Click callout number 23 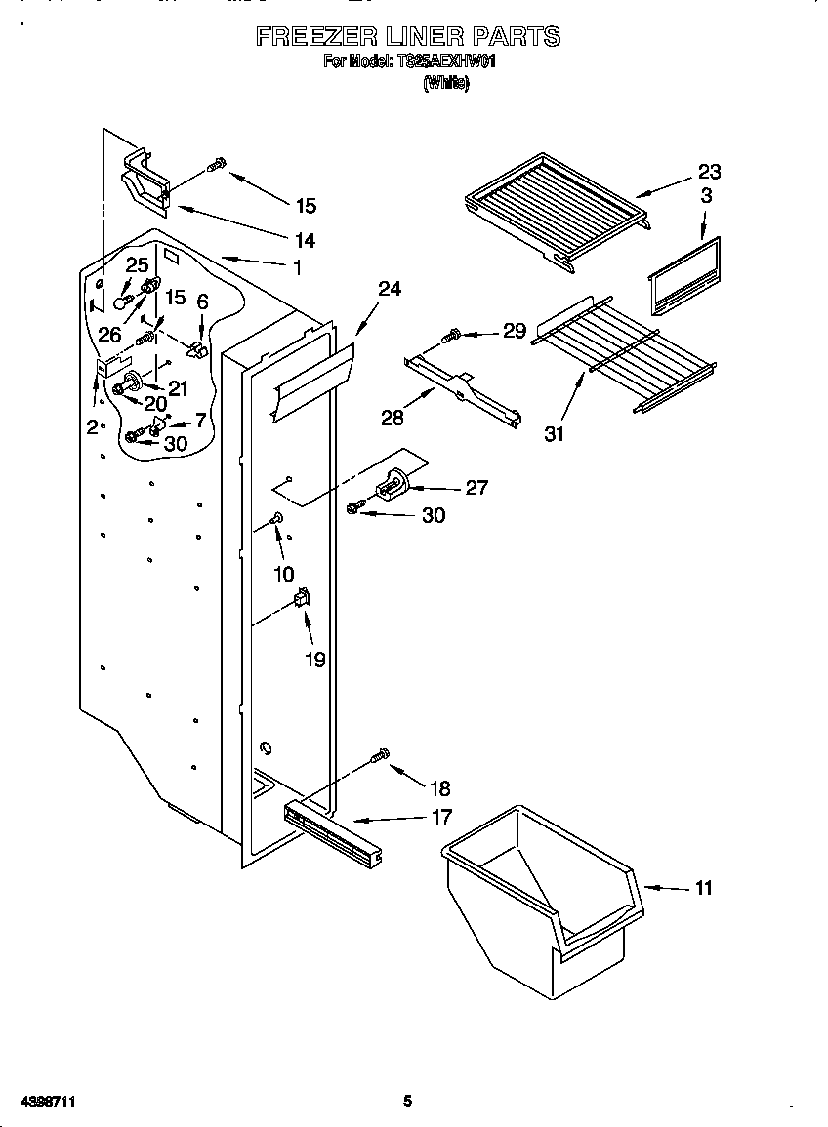click(x=709, y=172)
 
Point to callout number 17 click(x=441, y=817)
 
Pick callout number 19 click(x=314, y=660)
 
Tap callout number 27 click(x=476, y=488)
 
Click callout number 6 click(x=202, y=303)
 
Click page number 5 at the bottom click(x=407, y=1101)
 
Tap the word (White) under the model click(x=445, y=84)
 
